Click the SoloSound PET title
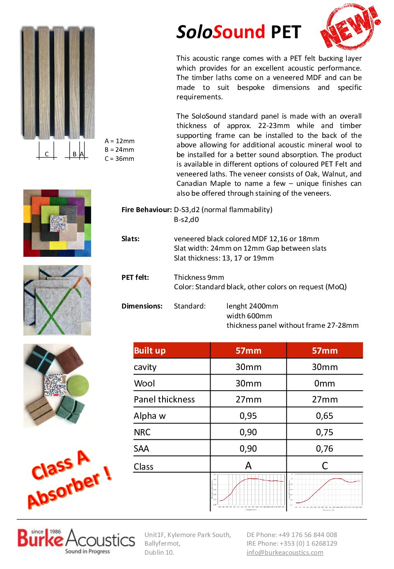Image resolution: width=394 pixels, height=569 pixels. (238, 32)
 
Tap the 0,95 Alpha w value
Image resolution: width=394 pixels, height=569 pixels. (248, 416)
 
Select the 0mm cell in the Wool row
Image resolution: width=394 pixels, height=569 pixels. (325, 383)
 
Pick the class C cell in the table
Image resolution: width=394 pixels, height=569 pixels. (325, 466)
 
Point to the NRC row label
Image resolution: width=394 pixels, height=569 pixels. (142, 432)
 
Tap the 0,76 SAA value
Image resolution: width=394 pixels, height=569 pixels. (325, 448)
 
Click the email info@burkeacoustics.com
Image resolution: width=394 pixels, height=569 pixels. (285, 552)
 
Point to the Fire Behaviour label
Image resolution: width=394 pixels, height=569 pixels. (147, 210)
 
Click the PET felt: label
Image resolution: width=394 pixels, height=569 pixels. (135, 277)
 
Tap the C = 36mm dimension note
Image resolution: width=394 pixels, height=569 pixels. (119, 159)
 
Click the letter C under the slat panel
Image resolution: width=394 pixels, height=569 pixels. (47, 154)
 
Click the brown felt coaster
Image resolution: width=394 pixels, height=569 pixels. (69, 360)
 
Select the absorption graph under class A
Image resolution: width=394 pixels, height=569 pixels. (248, 491)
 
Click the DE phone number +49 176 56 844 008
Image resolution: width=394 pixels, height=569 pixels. (292, 535)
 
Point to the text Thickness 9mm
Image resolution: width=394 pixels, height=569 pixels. (199, 277)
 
